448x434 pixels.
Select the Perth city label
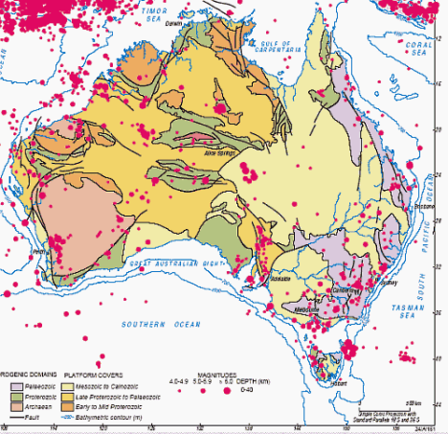(40, 253)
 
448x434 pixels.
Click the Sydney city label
(388, 284)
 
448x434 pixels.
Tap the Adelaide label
(280, 278)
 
